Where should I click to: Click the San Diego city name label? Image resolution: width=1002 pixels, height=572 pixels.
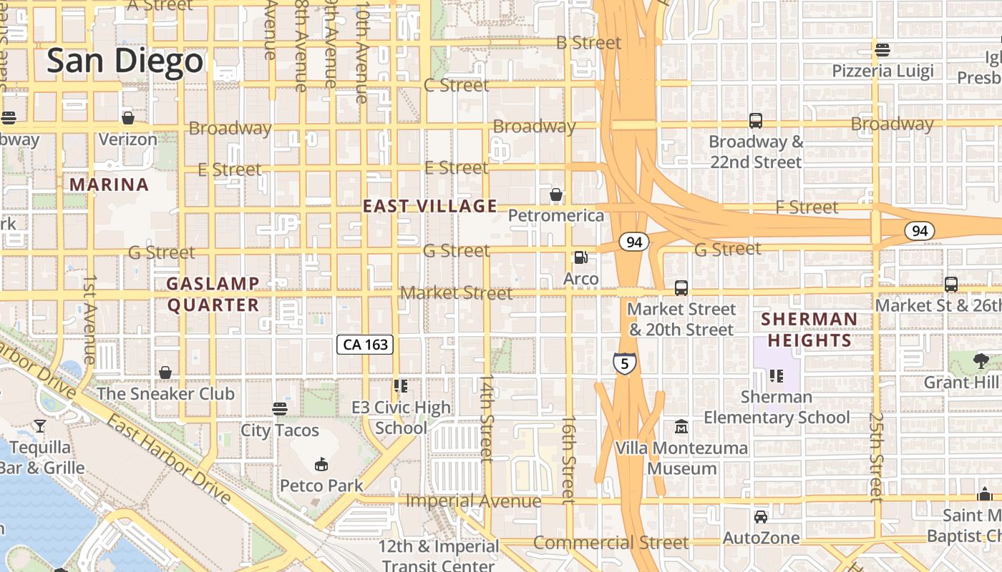pos(125,61)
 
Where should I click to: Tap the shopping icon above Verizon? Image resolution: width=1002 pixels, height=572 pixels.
pos(128,118)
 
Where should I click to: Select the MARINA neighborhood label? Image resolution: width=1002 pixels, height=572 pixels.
pos(109,184)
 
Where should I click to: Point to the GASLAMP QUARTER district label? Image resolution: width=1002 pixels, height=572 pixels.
pos(213,295)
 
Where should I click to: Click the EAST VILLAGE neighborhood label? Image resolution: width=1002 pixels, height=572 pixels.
pos(429,207)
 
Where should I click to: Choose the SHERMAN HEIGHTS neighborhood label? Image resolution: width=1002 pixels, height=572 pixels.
pos(809,330)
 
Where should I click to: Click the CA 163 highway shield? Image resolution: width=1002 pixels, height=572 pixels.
pos(365,345)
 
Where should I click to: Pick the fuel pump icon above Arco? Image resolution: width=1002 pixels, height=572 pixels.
pos(581,257)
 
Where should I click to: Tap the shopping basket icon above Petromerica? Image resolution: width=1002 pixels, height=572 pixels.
pos(556,194)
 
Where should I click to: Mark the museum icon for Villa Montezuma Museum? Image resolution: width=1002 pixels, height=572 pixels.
pos(681,427)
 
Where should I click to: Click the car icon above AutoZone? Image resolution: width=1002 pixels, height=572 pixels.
pos(760,516)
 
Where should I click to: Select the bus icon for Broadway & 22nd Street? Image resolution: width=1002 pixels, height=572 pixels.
pos(755,121)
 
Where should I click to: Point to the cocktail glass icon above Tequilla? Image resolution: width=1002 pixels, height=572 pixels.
pos(40,426)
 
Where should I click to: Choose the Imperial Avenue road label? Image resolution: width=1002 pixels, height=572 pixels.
pos(473,500)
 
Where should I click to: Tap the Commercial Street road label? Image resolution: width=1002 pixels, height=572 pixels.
pos(611,543)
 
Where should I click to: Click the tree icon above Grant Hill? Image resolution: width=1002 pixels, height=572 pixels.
pos(981,361)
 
